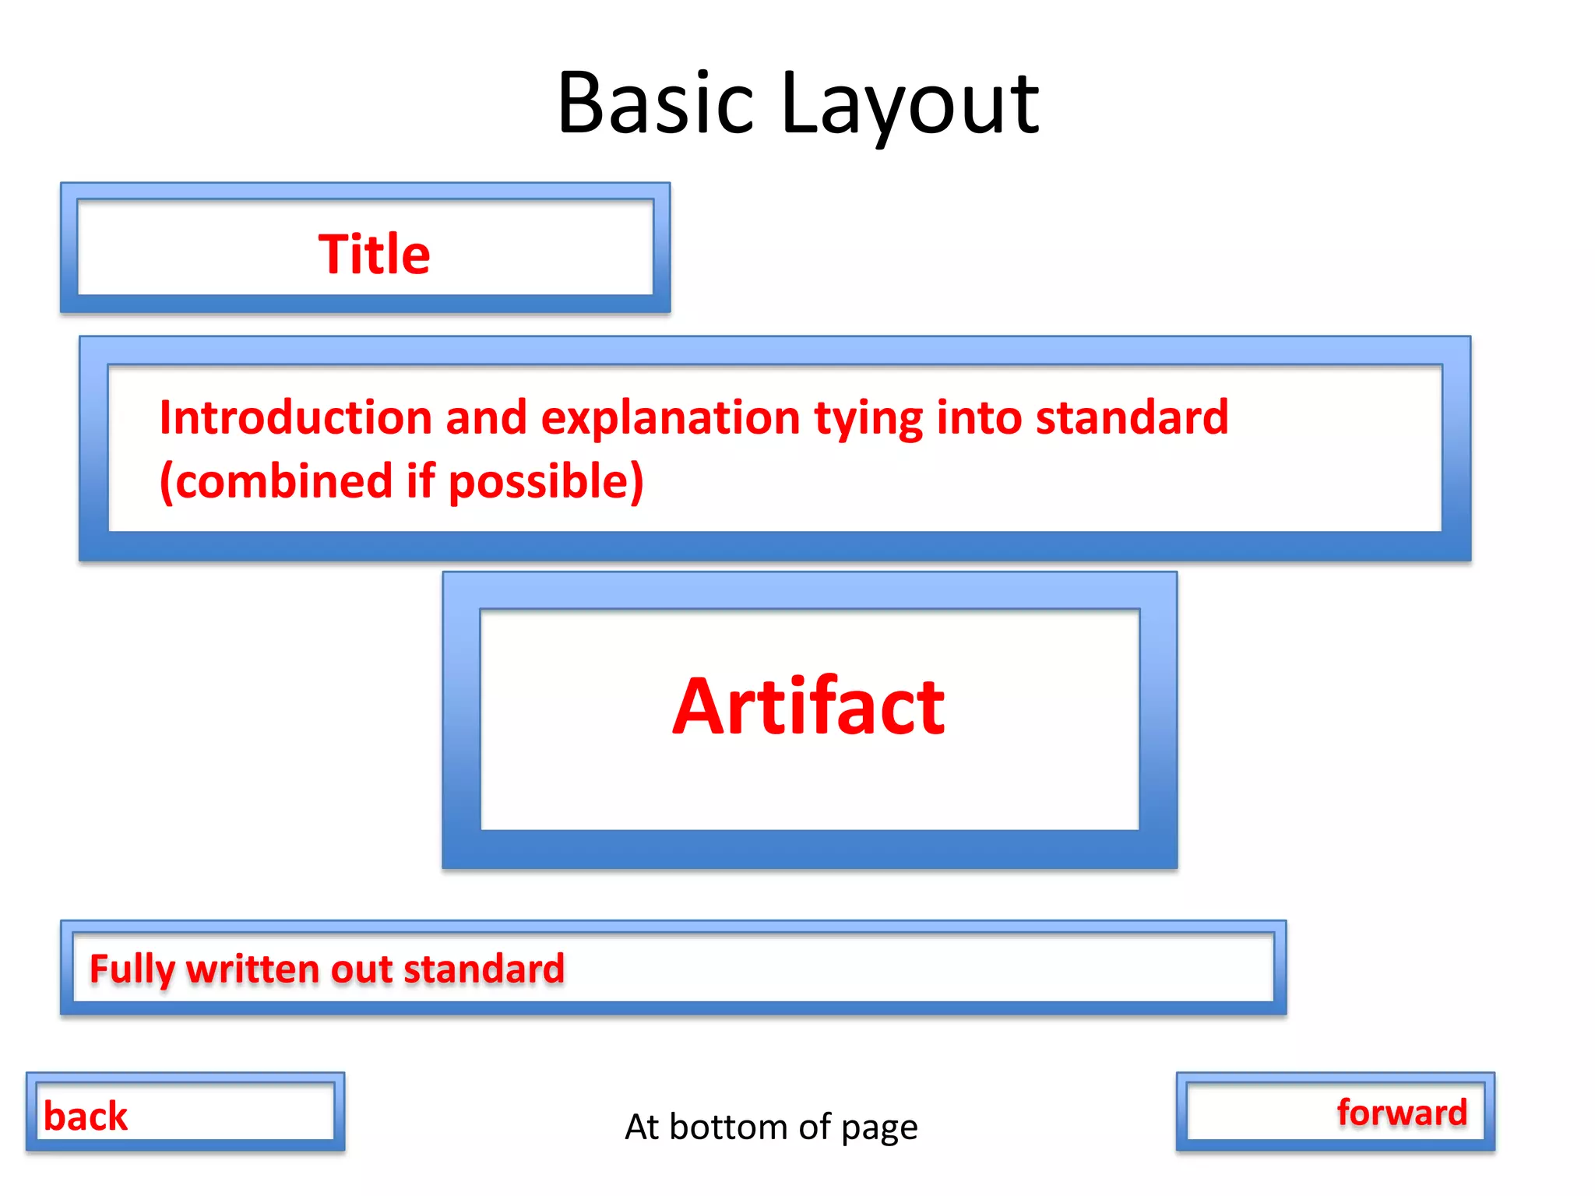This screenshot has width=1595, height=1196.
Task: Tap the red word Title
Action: pos(374,255)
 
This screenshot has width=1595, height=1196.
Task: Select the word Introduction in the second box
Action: pos(295,417)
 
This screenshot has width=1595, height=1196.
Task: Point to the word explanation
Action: pos(671,417)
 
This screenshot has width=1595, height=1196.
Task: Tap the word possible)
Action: pos(546,481)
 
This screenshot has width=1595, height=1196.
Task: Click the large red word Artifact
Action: pos(808,707)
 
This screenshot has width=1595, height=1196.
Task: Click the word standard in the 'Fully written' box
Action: pos(484,969)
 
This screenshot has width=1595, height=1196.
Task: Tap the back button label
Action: pos(86,1116)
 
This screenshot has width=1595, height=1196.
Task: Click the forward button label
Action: pos(1402,1112)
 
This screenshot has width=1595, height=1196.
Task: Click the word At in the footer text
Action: pos(643,1127)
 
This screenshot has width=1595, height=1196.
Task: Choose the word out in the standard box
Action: pos(361,969)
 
